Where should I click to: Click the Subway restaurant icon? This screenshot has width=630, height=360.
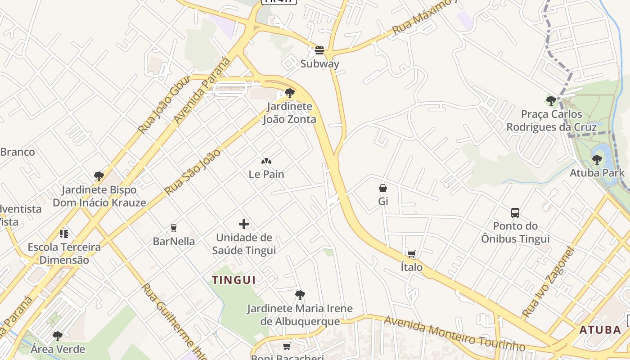click(x=319, y=50)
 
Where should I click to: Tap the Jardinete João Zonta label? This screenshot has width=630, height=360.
click(x=289, y=113)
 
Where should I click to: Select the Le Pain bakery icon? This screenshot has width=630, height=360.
click(x=266, y=161)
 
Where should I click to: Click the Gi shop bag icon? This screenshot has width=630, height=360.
click(x=383, y=188)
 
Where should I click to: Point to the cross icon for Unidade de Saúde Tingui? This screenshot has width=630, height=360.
click(x=244, y=224)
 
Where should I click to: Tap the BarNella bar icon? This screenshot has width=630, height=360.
click(x=174, y=228)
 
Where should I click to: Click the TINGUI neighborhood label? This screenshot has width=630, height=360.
click(x=234, y=280)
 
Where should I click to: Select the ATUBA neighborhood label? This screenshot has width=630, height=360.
click(x=600, y=330)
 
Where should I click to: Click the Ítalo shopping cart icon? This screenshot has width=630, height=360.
click(x=411, y=254)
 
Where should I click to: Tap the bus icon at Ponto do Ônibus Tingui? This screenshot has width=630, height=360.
click(x=515, y=212)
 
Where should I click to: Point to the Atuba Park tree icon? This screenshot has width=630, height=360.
click(x=597, y=159)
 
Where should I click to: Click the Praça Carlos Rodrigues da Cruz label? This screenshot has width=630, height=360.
click(x=552, y=121)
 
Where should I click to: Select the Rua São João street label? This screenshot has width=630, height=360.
click(x=193, y=171)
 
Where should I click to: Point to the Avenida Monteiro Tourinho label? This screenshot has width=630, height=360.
click(x=454, y=333)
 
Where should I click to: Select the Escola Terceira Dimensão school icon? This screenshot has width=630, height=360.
click(x=64, y=234)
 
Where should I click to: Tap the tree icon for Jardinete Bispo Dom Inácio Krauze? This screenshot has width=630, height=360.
click(x=99, y=176)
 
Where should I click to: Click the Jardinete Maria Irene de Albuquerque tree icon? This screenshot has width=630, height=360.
click(x=300, y=295)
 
